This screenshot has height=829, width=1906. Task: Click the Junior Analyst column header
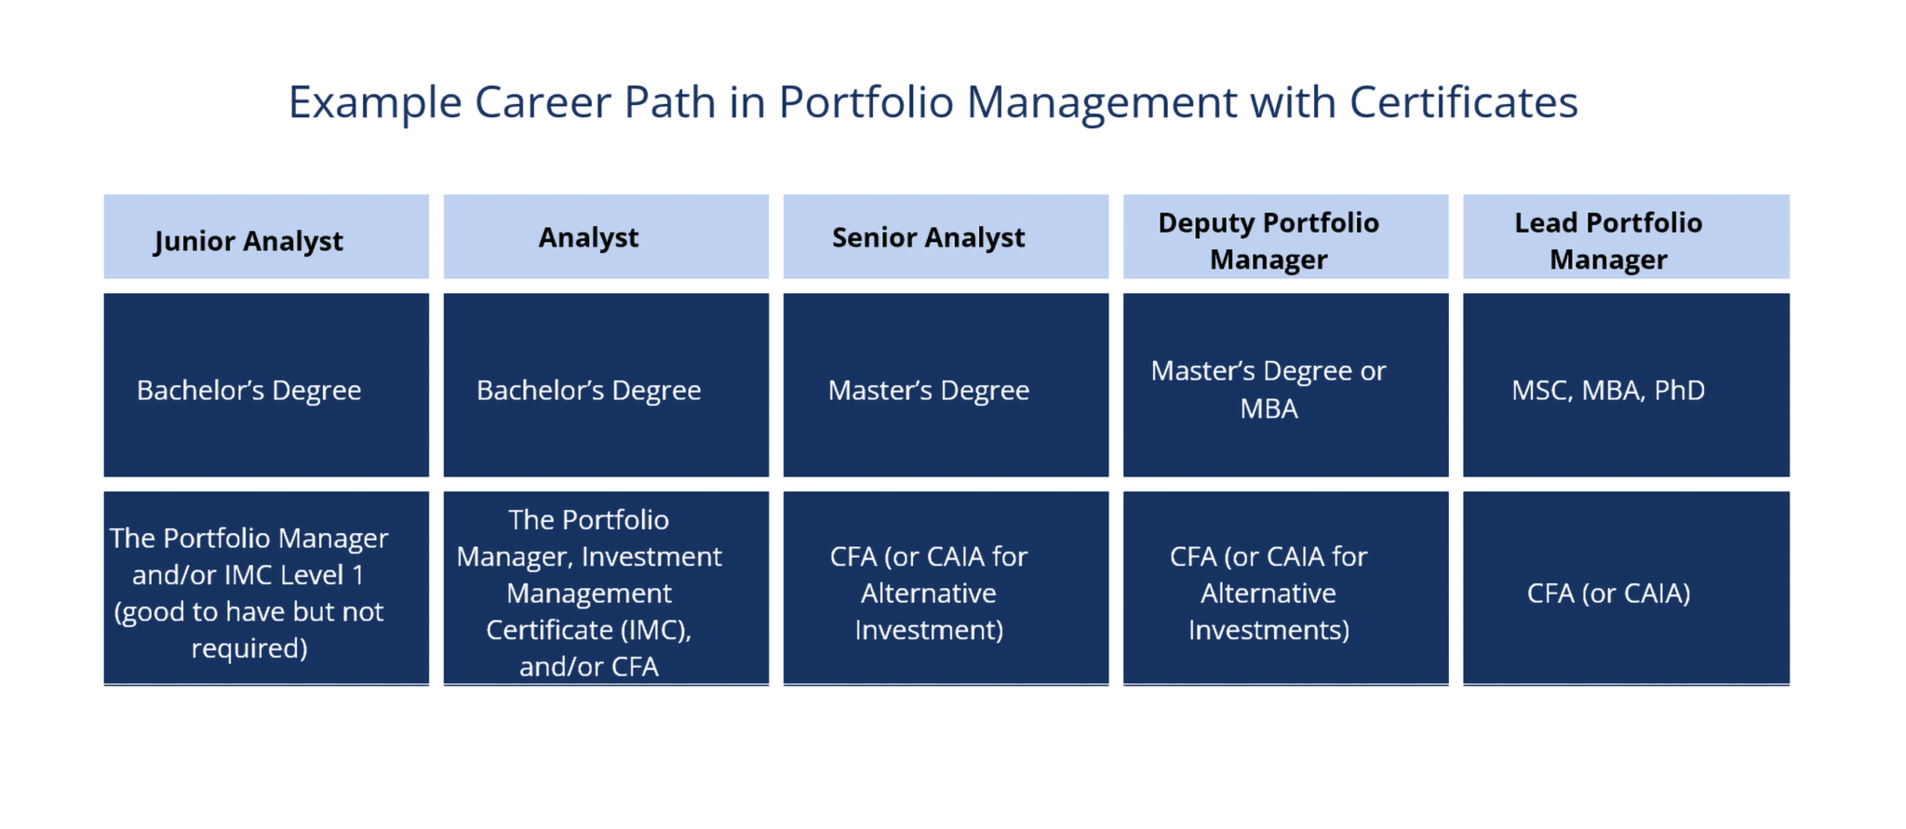(x=266, y=237)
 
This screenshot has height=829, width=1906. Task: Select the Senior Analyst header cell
(x=946, y=237)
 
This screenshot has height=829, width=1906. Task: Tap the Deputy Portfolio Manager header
(x=1285, y=237)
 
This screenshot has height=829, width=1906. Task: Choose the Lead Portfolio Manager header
(x=1625, y=237)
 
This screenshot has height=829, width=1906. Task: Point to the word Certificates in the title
(x=1463, y=102)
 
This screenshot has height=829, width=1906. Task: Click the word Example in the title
(x=374, y=102)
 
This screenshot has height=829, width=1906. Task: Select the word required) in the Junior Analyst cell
(x=249, y=648)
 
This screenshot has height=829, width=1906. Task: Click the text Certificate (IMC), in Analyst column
(x=588, y=630)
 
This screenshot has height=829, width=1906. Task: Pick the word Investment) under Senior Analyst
(x=929, y=630)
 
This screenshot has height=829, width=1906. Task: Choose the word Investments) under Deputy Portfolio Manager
(x=1268, y=630)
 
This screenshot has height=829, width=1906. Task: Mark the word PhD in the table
(x=1679, y=390)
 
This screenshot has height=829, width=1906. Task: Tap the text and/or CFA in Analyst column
(x=588, y=666)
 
